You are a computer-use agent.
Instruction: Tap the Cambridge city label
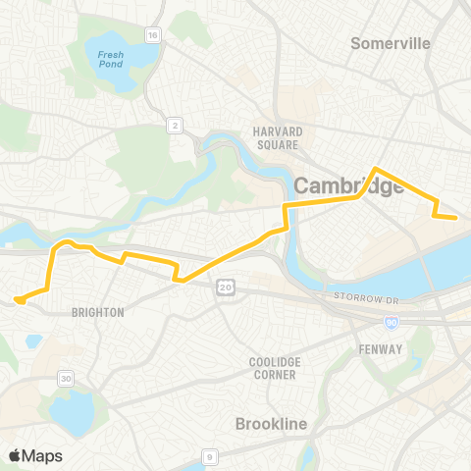pyautogui.click(x=349, y=185)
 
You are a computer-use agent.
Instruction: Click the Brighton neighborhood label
pyautogui.click(x=98, y=312)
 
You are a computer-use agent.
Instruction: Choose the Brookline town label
pyautogui.click(x=272, y=424)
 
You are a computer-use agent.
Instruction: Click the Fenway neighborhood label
pyautogui.click(x=380, y=349)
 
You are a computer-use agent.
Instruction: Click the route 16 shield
pyautogui.click(x=152, y=34)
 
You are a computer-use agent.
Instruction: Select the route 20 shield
pyautogui.click(x=225, y=286)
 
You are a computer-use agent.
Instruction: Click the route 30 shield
pyautogui.click(x=66, y=379)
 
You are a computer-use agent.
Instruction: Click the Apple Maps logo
pyautogui.click(x=35, y=455)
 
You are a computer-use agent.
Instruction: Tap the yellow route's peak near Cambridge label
pyautogui.click(x=376, y=169)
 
